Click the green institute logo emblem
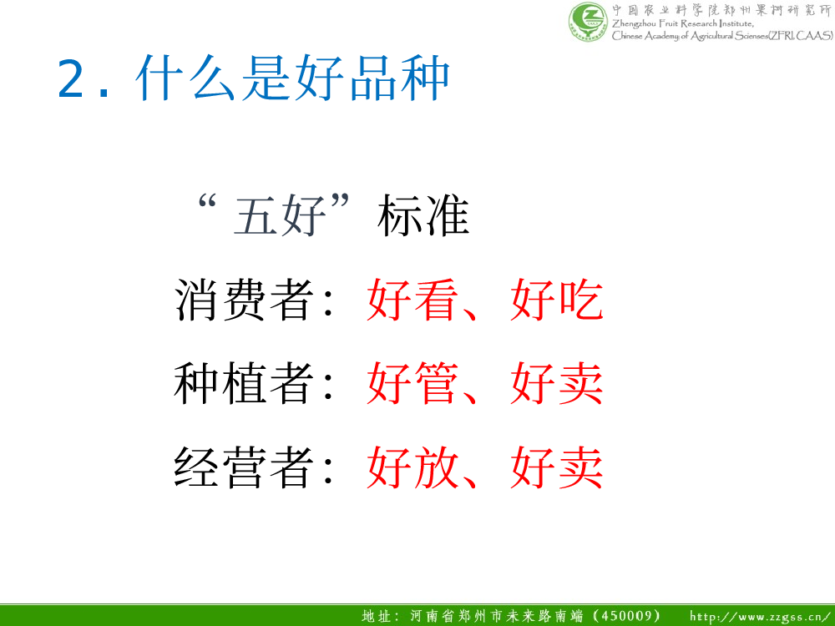(588, 21)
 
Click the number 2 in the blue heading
(71, 78)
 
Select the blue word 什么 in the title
(185, 78)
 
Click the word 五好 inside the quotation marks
(280, 215)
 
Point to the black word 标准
(423, 215)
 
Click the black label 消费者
(244, 300)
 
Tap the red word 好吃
(556, 300)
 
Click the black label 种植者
(244, 383)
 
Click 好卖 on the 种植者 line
(556, 383)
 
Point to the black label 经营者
(244, 467)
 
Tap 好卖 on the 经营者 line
(556, 467)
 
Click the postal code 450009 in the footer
(629, 616)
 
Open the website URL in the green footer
(761, 617)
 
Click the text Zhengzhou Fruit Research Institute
(683, 23)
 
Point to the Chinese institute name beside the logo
(721, 10)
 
